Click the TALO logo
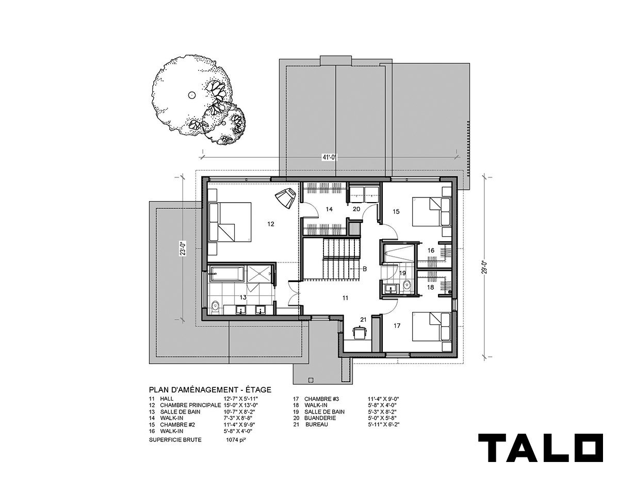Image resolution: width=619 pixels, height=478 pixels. coord(541,451)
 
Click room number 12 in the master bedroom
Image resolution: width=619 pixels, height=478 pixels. coord(271,224)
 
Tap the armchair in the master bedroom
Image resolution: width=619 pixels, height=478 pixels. coord(286,199)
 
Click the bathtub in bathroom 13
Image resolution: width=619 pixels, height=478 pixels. coord(227,274)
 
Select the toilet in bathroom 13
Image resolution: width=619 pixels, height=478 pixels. coord(215,307)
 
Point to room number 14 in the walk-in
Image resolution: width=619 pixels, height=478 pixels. coord(329,209)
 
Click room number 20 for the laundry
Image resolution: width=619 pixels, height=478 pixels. coord(356,209)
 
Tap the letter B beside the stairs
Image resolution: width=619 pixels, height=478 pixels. coord(364,269)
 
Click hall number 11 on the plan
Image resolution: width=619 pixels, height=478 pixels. coord(345,298)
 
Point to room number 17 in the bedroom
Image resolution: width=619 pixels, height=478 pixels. coord(397,326)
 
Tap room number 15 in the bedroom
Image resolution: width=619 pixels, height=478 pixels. coord(396,211)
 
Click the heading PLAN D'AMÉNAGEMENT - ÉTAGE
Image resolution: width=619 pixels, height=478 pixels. coord(210,390)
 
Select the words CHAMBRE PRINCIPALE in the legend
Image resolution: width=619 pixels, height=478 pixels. coord(190,405)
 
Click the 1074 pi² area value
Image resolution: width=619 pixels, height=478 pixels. coord(236,440)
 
